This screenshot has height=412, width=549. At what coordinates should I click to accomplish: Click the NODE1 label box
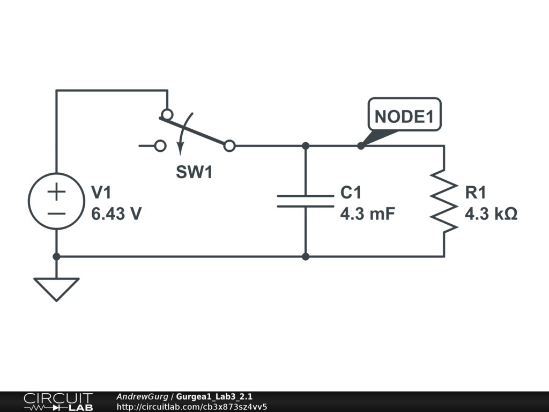(404, 114)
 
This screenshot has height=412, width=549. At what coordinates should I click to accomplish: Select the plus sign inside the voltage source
(56, 192)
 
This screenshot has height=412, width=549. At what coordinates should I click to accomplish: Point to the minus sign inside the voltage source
(56, 214)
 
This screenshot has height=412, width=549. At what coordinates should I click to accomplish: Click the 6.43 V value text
(116, 214)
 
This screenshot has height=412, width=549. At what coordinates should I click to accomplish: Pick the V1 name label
(101, 193)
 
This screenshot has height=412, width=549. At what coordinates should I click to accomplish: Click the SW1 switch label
(194, 172)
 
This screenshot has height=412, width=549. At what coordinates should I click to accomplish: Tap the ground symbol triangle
(56, 289)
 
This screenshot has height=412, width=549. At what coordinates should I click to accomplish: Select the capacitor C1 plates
(305, 201)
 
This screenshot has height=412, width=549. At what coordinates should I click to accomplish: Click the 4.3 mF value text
(368, 214)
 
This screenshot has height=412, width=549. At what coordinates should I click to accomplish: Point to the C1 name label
(351, 193)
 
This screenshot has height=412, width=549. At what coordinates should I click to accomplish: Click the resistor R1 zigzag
(444, 201)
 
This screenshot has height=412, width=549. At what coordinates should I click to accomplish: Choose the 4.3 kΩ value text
(491, 214)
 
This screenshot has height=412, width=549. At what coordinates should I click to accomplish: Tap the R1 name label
(476, 193)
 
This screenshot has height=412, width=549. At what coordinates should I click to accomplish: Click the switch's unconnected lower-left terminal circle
(160, 146)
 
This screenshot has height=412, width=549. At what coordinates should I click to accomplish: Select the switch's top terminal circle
(167, 114)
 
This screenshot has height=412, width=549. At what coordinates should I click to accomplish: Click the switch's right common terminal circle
(229, 146)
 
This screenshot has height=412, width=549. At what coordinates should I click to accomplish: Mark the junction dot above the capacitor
(305, 146)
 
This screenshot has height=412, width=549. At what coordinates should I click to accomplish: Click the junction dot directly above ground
(56, 257)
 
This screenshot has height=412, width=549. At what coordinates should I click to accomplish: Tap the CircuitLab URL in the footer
(192, 407)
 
